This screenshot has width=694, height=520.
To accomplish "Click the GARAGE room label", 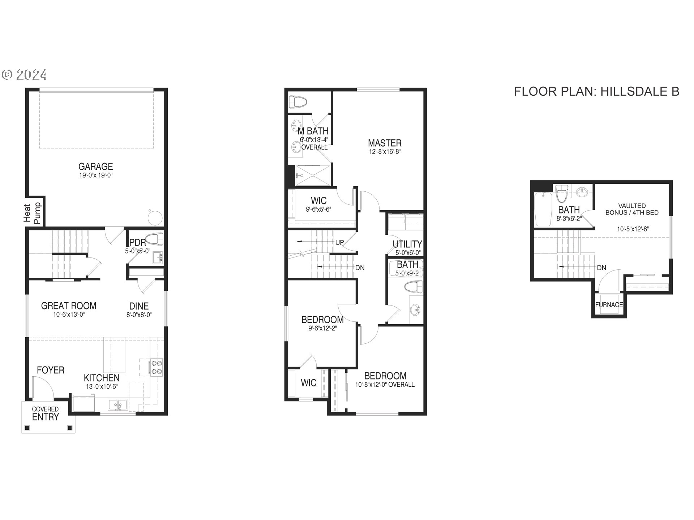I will pyautogui.click(x=96, y=166).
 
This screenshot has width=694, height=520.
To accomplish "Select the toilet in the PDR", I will pyautogui.click(x=156, y=239).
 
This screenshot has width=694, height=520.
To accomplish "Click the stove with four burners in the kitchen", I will pyautogui.click(x=157, y=367).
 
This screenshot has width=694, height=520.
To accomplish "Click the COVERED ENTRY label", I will pyautogui.click(x=45, y=414).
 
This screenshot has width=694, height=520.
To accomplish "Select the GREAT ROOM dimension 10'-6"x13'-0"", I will pyautogui.click(x=69, y=315).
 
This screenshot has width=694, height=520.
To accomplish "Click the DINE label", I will pyautogui.click(x=139, y=306).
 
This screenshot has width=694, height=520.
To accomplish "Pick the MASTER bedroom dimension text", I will pyautogui.click(x=385, y=152).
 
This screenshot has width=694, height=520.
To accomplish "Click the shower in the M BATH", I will pyautogui.click(x=313, y=175).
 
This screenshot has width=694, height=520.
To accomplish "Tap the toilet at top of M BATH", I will pyautogui.click(x=299, y=102).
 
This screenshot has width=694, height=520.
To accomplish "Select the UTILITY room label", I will pyautogui.click(x=407, y=244).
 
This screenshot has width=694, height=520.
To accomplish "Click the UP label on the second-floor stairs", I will pyautogui.click(x=339, y=242).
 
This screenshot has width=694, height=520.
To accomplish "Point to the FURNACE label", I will pyautogui.click(x=609, y=305).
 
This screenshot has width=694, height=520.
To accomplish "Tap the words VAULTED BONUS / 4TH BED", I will pyautogui.click(x=632, y=209).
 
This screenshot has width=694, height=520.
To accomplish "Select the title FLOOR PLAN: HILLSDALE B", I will pyautogui.click(x=596, y=91).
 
